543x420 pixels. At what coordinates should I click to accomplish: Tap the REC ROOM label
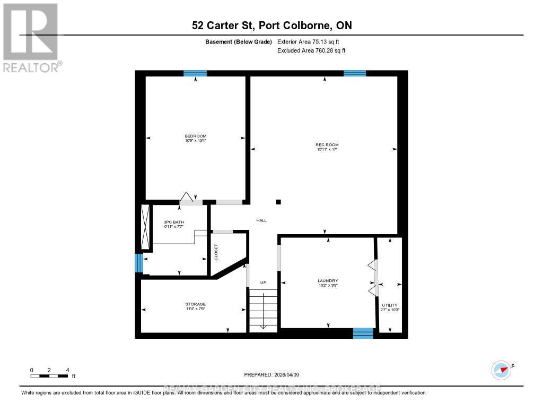[x=327, y=145]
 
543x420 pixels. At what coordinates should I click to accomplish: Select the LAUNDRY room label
[x=328, y=281]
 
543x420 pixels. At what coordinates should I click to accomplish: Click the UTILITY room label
[x=389, y=305]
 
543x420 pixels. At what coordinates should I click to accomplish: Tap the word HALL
[x=261, y=220]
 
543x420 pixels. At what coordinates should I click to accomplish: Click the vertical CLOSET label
[x=216, y=252]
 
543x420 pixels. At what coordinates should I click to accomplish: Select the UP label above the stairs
[x=262, y=282]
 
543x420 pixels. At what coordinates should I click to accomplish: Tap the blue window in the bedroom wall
[x=195, y=73]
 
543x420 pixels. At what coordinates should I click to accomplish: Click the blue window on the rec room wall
[x=355, y=73]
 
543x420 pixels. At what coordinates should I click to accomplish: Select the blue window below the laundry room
[x=363, y=333]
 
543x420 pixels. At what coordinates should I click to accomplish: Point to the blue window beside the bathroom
[x=139, y=263]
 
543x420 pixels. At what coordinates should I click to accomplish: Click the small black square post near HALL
[x=278, y=202]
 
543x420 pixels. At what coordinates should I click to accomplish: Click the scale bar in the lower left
[x=49, y=376]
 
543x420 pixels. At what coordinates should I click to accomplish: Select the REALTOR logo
[x=31, y=37]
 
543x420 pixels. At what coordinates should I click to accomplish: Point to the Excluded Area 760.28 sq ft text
[x=311, y=51]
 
